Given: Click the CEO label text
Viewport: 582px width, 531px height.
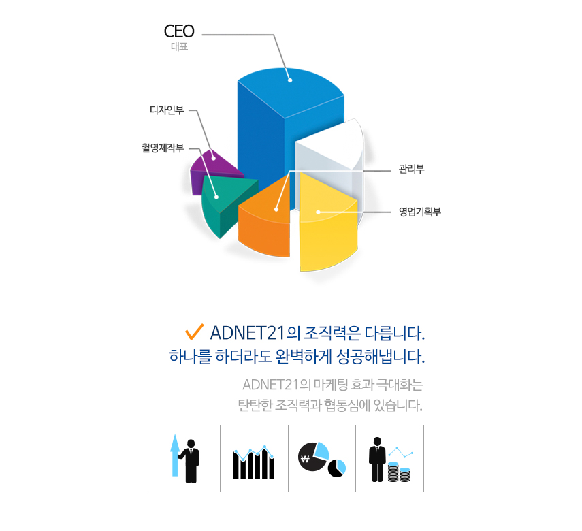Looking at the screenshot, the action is coord(179,31).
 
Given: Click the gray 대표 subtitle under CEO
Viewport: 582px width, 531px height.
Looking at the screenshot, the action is coord(179,46).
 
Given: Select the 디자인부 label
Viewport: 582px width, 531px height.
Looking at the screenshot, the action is coord(167,110).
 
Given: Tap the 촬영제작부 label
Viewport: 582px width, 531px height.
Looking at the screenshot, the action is coord(163,148).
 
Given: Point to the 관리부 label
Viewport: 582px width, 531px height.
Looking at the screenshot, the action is coord(411,169).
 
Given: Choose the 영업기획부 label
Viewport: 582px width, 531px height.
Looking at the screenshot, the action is coord(420,212).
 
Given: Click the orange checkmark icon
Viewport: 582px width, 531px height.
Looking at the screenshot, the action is coord(195,332).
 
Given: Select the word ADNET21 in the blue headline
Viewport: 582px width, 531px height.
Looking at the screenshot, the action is coord(247,333).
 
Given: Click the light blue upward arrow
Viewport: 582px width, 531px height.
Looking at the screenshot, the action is coord(175,455).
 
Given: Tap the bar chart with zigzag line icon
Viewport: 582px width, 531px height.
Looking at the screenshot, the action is coord(254,462).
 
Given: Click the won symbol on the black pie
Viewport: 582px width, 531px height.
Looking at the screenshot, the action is coord(305,458).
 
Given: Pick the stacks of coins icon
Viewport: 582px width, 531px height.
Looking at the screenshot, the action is coord(399,472).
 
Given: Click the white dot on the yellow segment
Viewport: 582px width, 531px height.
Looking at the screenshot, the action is coord(318,212).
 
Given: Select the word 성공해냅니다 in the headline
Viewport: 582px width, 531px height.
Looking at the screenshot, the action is coord(381,357).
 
